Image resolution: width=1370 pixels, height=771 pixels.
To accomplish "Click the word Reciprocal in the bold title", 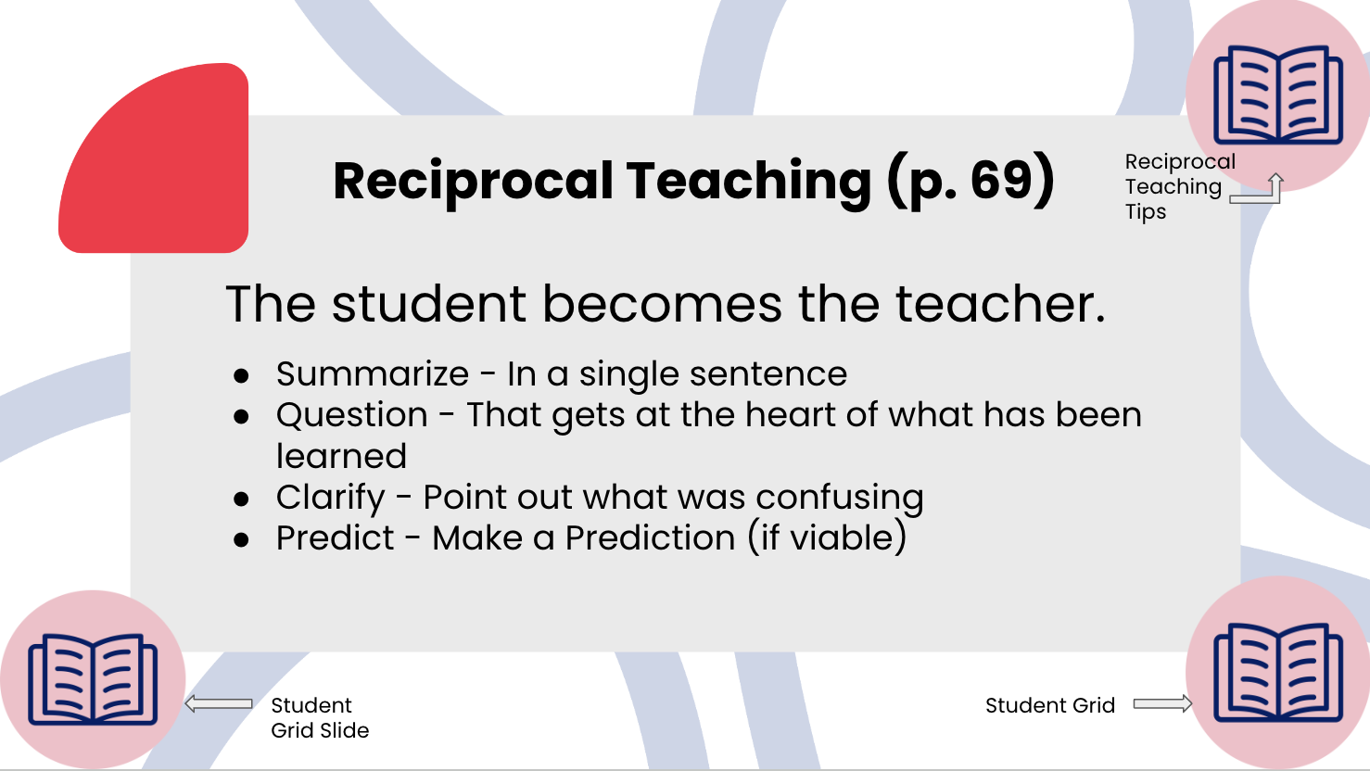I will click(x=473, y=181).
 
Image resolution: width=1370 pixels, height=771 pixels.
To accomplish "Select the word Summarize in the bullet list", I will click(x=373, y=374).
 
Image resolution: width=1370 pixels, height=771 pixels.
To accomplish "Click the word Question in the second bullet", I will click(x=352, y=415).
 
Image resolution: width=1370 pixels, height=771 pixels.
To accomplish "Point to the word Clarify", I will click(x=330, y=498).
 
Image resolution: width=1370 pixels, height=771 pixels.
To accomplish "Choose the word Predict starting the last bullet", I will click(x=336, y=538).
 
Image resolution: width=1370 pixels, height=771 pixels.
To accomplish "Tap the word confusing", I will click(x=840, y=498).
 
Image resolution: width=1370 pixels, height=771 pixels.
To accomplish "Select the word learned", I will click(x=341, y=456).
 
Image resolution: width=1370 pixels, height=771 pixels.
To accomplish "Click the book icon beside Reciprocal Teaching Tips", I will click(x=1278, y=95).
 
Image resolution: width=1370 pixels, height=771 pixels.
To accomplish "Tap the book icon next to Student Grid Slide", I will click(x=93, y=679).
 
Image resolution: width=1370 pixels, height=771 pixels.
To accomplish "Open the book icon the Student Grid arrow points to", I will click(x=1278, y=674).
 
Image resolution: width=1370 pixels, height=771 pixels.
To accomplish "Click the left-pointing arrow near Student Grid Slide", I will click(x=219, y=704).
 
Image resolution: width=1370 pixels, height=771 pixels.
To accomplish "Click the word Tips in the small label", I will click(x=1146, y=212).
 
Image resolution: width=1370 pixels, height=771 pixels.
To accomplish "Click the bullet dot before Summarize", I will click(x=242, y=376).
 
